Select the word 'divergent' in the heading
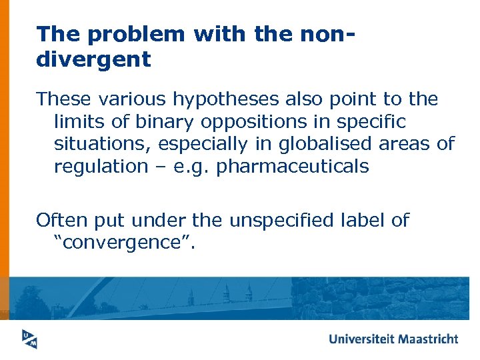tap(93, 59)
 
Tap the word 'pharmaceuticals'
tap(293, 167)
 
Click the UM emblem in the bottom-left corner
tap(28, 338)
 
